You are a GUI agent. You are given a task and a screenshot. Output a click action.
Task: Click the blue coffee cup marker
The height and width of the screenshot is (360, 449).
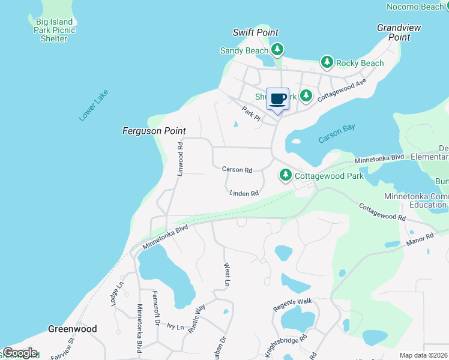[x=277, y=99]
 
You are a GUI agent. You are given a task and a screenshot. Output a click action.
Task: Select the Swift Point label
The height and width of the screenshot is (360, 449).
[x=256, y=32]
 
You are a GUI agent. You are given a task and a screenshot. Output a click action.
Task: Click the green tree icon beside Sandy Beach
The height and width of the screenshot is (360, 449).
[x=277, y=49]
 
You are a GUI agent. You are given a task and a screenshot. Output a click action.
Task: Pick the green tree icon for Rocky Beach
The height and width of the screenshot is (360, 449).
[x=327, y=62]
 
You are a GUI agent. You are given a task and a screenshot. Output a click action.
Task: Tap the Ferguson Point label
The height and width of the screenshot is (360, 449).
[x=154, y=131]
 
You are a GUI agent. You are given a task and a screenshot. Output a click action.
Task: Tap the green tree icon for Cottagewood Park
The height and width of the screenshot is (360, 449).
[x=286, y=175]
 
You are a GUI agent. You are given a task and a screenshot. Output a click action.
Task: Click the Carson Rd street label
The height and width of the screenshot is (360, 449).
[x=237, y=170]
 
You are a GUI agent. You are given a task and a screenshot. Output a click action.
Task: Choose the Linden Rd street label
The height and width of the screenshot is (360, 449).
[x=244, y=193]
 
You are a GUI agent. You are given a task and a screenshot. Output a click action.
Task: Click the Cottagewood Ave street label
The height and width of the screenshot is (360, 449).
[x=342, y=91]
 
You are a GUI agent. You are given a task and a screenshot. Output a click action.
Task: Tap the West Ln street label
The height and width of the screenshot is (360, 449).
[x=227, y=274]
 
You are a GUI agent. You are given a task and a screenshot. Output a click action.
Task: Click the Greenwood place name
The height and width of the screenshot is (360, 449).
[x=72, y=329]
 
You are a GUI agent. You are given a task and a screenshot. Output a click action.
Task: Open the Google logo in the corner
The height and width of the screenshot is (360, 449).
[x=20, y=353]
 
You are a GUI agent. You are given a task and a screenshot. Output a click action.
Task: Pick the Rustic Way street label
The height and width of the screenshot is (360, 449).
[x=196, y=318]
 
